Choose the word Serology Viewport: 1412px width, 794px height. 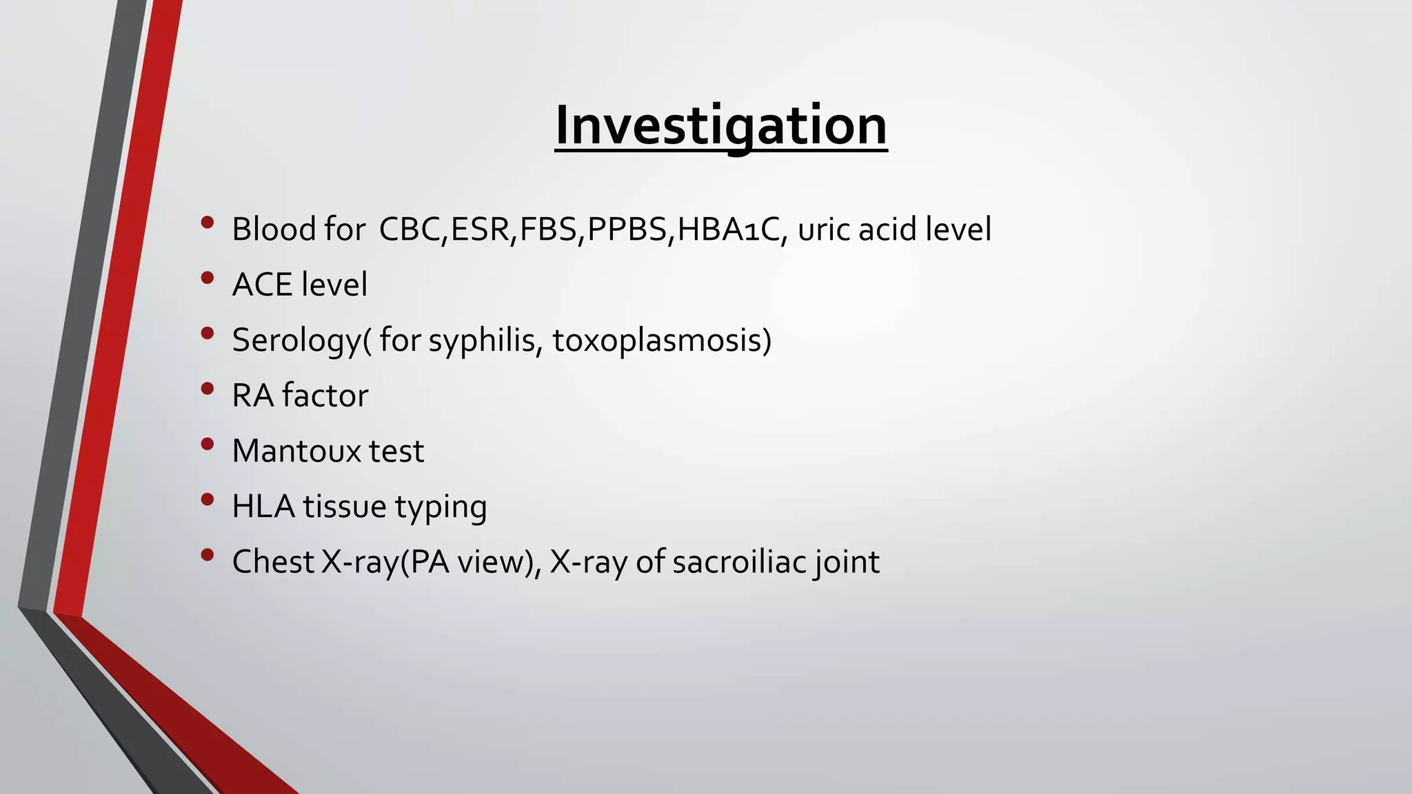(x=297, y=340)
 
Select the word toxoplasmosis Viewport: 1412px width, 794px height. (x=660, y=340)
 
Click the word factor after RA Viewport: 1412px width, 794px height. (x=325, y=396)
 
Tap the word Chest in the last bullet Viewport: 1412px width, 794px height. (x=273, y=562)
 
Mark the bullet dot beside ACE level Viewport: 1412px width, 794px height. (x=208, y=278)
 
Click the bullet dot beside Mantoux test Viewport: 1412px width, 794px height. (x=208, y=445)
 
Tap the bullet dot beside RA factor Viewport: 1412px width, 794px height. (x=208, y=389)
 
